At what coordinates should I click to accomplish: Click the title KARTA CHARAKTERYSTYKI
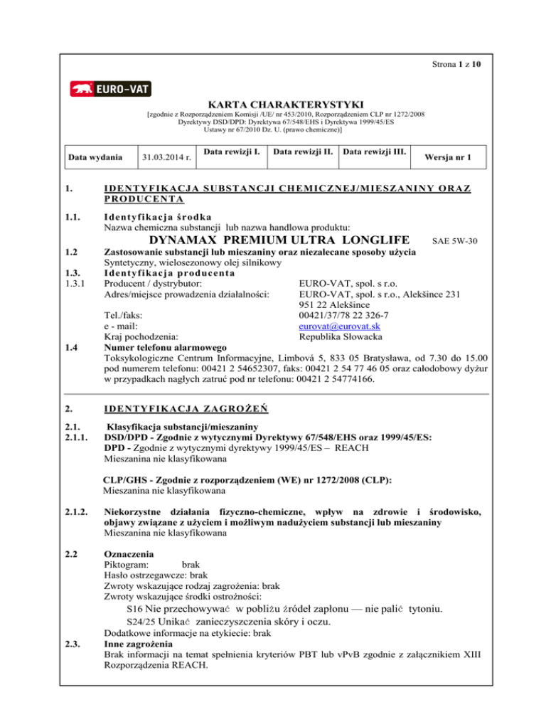point(272,105)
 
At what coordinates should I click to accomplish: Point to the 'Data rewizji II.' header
point(302,151)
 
